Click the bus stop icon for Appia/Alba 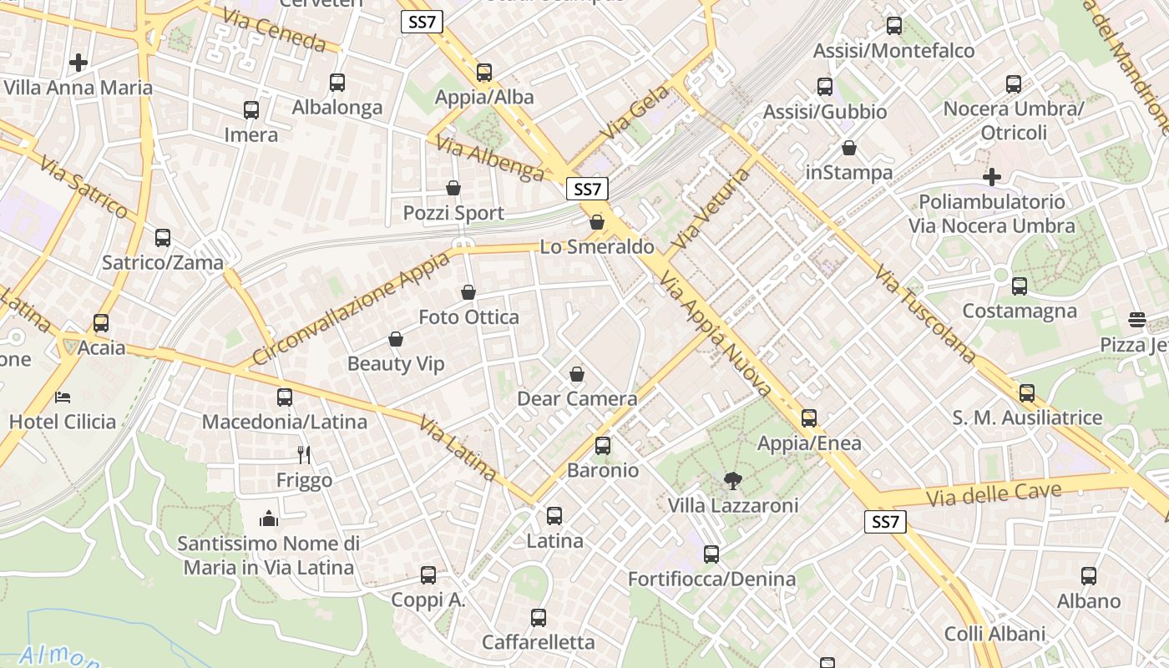(x=484, y=73)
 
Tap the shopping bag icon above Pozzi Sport (x=453, y=188)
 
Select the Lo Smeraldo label (x=597, y=247)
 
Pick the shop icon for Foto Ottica (x=468, y=293)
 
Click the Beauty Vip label (x=396, y=364)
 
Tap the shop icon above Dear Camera (x=576, y=374)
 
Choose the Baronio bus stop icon (x=603, y=446)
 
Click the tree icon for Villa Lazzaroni (x=733, y=480)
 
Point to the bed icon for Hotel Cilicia (x=63, y=397)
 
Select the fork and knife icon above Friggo (x=304, y=455)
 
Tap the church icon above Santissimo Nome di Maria (x=269, y=519)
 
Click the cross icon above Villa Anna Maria (x=78, y=63)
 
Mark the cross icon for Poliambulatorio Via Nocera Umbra (x=992, y=177)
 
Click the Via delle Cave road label (x=994, y=494)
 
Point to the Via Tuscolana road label (x=926, y=314)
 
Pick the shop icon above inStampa (x=849, y=149)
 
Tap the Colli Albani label (x=994, y=634)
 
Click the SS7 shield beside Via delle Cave (x=884, y=523)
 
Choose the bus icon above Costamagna (x=1020, y=286)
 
